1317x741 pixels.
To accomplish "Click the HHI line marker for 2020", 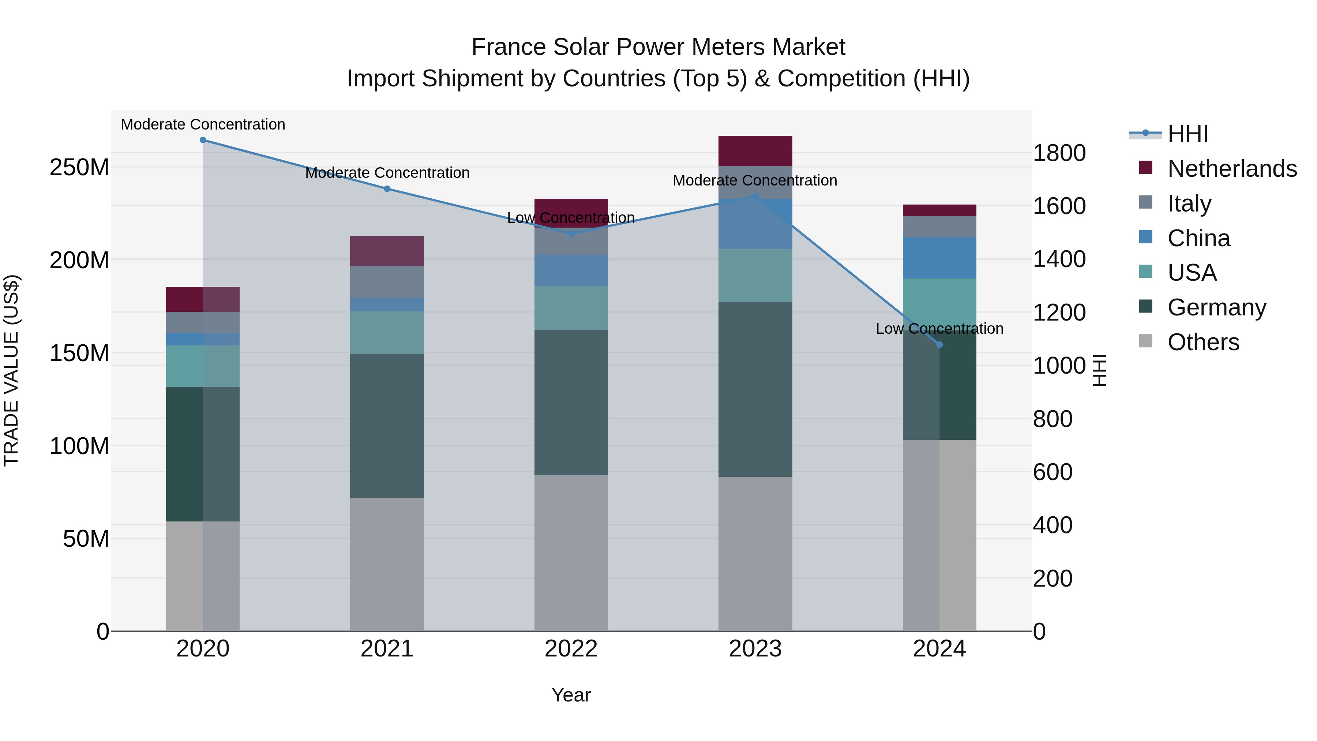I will click(x=203, y=140).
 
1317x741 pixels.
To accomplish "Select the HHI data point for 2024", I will click(x=939, y=345).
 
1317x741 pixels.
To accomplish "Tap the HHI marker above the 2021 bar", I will click(x=387, y=189).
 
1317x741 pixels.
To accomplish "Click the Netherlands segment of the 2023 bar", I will click(x=755, y=151).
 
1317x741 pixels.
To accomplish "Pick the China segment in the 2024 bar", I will click(x=939, y=258).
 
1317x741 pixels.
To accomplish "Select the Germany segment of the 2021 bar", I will click(x=387, y=426).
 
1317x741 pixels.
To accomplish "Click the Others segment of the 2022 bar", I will click(x=571, y=553).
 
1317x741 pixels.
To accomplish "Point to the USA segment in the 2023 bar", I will click(x=755, y=276).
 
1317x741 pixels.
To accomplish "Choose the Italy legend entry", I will click(x=1189, y=203).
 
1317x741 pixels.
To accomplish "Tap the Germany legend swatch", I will click(x=1146, y=307).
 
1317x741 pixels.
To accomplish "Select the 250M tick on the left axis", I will click(x=79, y=167).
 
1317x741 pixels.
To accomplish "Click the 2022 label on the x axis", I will click(x=571, y=649).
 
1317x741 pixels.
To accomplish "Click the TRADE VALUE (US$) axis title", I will click(x=11, y=370).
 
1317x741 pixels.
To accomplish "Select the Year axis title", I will click(x=571, y=695).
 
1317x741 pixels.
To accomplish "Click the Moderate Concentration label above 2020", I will click(x=203, y=124).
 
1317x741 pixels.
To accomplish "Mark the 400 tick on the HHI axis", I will click(x=1053, y=525).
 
